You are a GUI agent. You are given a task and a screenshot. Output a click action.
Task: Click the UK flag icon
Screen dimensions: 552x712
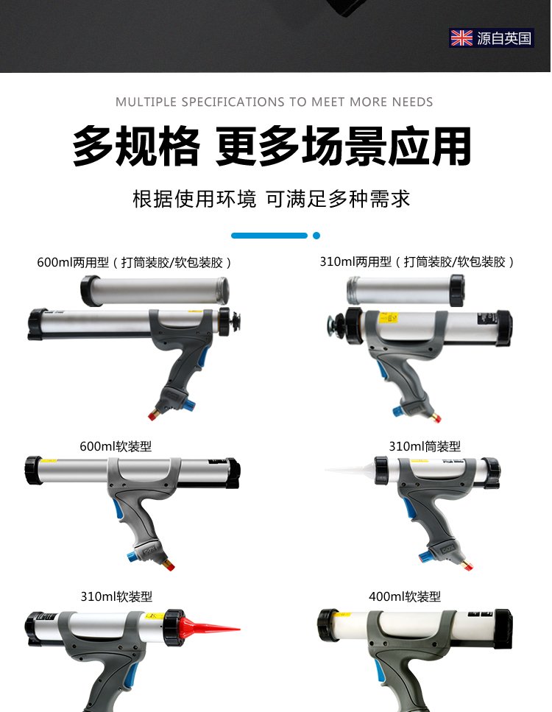[461, 38]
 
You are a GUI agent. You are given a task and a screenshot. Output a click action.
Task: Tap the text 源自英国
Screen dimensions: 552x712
[504, 38]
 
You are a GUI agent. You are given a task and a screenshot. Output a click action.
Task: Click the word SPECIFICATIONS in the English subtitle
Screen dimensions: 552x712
[233, 102]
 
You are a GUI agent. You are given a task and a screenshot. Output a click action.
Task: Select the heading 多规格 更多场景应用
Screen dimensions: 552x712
[272, 147]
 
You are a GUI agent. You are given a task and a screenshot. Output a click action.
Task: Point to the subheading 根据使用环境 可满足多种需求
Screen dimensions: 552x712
[272, 199]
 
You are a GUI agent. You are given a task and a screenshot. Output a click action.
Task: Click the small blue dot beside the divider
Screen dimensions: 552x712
[316, 235]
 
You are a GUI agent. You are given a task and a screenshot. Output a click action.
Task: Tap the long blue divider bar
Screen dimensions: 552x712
[269, 235]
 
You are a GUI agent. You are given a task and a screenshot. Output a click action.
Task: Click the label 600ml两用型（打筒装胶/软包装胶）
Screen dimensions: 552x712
[135, 262]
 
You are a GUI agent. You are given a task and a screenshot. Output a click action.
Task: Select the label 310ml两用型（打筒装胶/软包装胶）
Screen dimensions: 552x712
[417, 261]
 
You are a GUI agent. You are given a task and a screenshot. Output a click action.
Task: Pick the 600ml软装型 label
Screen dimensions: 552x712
[116, 446]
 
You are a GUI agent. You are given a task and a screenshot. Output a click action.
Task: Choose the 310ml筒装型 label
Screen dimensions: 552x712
[425, 446]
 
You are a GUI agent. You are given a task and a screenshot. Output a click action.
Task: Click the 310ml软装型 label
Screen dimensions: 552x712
[116, 596]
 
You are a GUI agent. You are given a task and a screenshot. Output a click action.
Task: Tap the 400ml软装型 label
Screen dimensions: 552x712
[405, 596]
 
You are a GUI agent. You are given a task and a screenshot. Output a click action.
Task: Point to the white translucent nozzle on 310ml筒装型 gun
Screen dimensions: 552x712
[350, 470]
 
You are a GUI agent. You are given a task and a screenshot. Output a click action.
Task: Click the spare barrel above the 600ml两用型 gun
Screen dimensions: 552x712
[155, 290]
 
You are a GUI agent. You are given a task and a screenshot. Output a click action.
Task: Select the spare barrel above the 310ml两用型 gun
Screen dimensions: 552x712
[406, 291]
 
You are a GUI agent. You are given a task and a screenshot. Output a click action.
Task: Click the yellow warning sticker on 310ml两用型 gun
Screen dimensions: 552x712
[389, 317]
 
